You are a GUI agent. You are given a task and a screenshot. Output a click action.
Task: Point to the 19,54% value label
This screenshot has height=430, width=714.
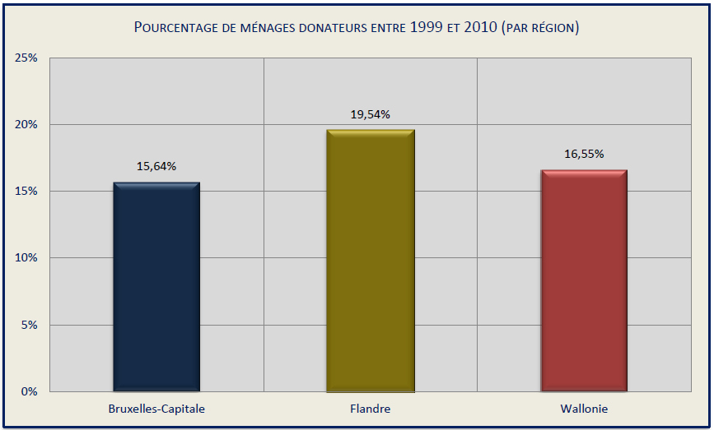point(371,114)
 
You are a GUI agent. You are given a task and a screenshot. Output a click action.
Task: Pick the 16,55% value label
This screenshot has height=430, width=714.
point(584,154)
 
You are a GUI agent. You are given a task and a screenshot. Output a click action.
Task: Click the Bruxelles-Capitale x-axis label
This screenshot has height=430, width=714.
point(156,409)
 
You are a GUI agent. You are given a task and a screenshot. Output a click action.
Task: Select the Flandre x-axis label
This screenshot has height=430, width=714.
point(371,409)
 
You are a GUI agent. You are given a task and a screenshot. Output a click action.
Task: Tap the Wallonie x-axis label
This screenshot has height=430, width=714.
point(584,409)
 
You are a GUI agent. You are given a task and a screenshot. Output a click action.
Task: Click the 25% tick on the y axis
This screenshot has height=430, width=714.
point(26,58)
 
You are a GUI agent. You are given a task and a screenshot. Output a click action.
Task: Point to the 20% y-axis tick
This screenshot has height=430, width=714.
point(26,125)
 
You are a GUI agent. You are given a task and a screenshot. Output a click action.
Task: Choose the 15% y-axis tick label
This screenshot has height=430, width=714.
point(26,192)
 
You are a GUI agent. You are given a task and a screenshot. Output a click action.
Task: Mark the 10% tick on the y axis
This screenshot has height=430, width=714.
point(26,258)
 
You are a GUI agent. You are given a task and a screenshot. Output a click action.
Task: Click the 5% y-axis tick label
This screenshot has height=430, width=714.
point(29,325)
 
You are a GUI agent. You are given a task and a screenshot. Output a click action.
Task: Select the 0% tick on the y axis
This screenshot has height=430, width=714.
point(29,391)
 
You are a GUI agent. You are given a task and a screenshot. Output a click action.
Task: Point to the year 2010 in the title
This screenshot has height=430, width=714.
point(480,28)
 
